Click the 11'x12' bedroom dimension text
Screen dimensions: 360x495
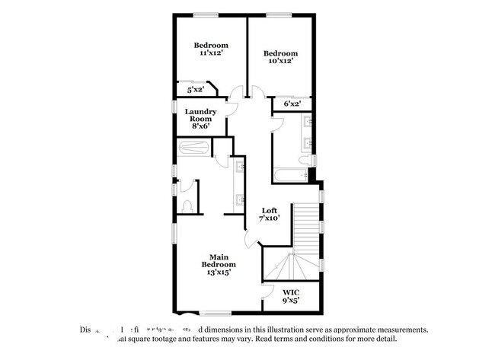[x=210, y=53]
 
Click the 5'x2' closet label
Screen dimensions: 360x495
[x=196, y=90]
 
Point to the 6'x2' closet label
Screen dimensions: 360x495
[x=292, y=104]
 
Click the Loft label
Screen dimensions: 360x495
[x=269, y=210]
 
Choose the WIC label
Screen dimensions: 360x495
[x=290, y=292]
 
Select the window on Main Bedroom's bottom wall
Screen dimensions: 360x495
[x=212, y=312]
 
